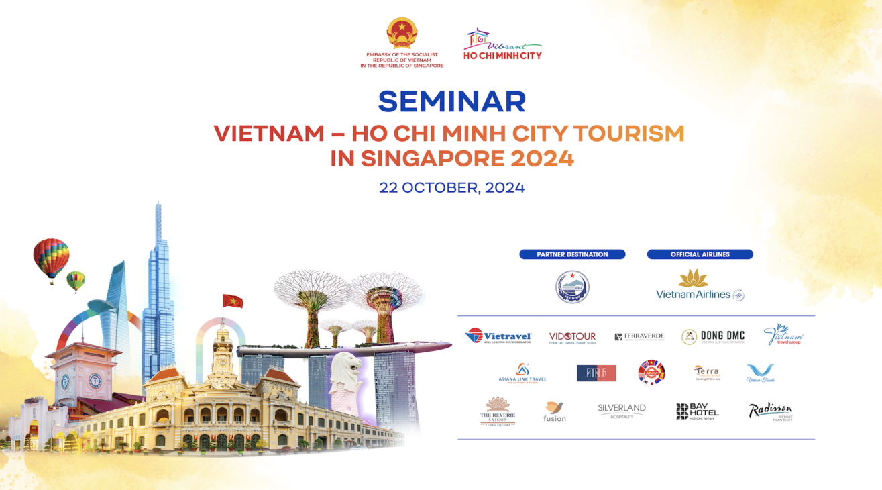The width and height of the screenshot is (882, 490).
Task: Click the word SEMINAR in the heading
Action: (x=451, y=102)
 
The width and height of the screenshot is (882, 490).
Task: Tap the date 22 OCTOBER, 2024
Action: (x=451, y=188)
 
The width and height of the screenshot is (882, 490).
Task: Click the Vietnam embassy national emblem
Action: (x=402, y=34)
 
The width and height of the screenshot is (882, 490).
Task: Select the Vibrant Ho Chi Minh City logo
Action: (x=502, y=44)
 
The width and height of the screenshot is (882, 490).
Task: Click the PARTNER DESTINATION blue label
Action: (x=572, y=254)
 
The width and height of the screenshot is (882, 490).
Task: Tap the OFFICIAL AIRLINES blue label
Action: (x=700, y=254)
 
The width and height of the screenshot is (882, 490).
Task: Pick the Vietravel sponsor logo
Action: (x=498, y=336)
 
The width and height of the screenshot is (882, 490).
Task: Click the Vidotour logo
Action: (x=572, y=337)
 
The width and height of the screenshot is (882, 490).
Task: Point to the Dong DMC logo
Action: (x=712, y=337)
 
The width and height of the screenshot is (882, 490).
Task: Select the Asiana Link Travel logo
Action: (x=522, y=373)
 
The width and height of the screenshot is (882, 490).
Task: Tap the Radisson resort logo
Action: (x=770, y=411)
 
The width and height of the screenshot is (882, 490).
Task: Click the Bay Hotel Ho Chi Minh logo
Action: (x=697, y=411)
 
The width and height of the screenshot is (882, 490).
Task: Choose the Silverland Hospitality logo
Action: (x=622, y=411)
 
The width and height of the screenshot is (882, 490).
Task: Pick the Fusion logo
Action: (x=555, y=411)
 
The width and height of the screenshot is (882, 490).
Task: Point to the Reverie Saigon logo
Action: (x=497, y=411)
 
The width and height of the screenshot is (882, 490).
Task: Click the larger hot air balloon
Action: (x=51, y=258)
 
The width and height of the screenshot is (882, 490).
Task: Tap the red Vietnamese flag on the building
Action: (x=233, y=301)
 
